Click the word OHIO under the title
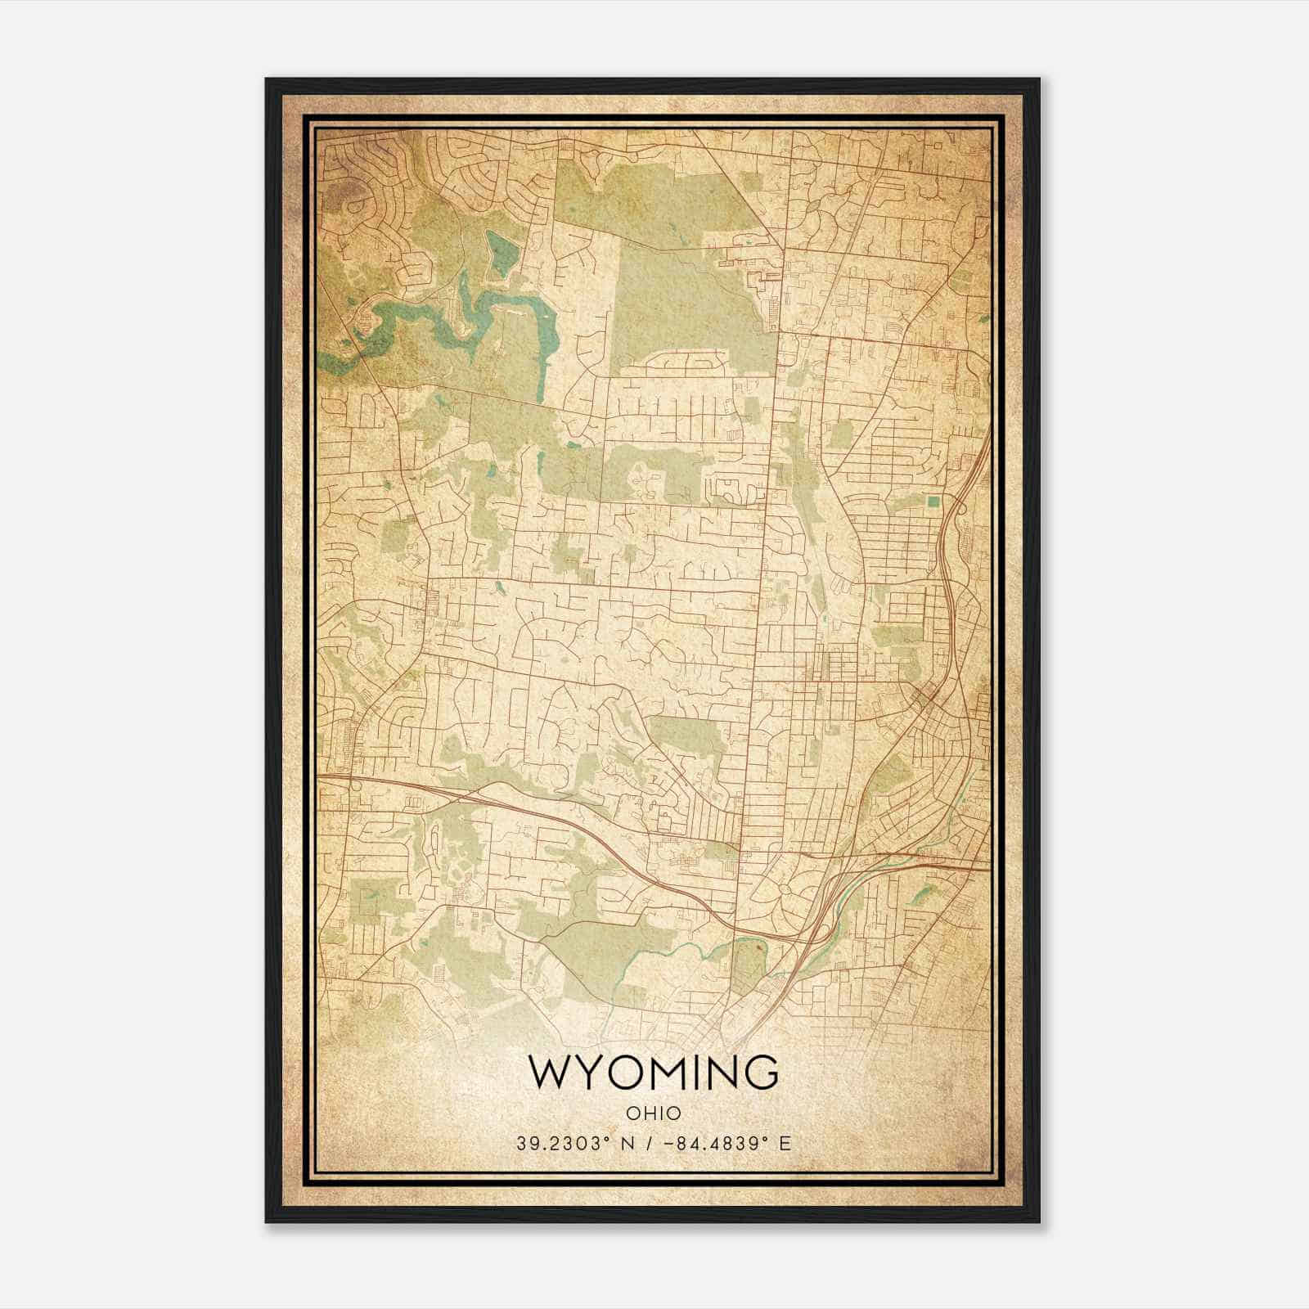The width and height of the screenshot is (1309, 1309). click(654, 1113)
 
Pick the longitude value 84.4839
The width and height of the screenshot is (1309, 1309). click(717, 1144)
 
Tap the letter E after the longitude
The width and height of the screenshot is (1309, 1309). click(786, 1144)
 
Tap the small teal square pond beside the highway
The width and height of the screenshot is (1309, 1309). click(933, 501)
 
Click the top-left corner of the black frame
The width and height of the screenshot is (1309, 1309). click(267, 79)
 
